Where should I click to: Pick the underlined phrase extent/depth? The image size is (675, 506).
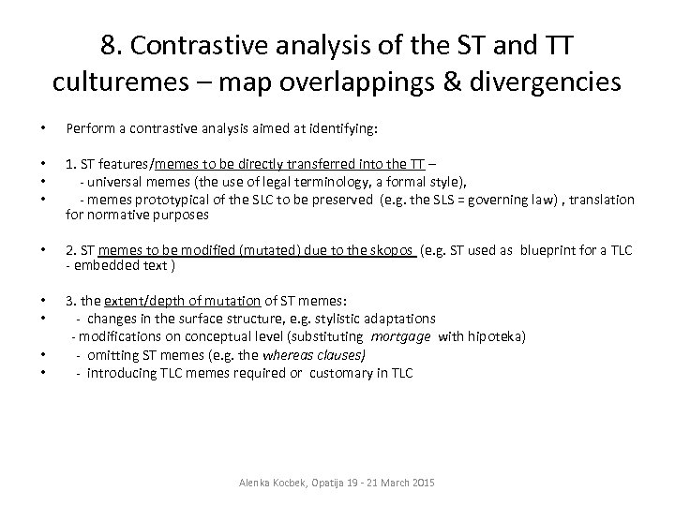pyautogui.click(x=139, y=301)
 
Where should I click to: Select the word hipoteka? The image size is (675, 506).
pyautogui.click(x=495, y=336)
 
